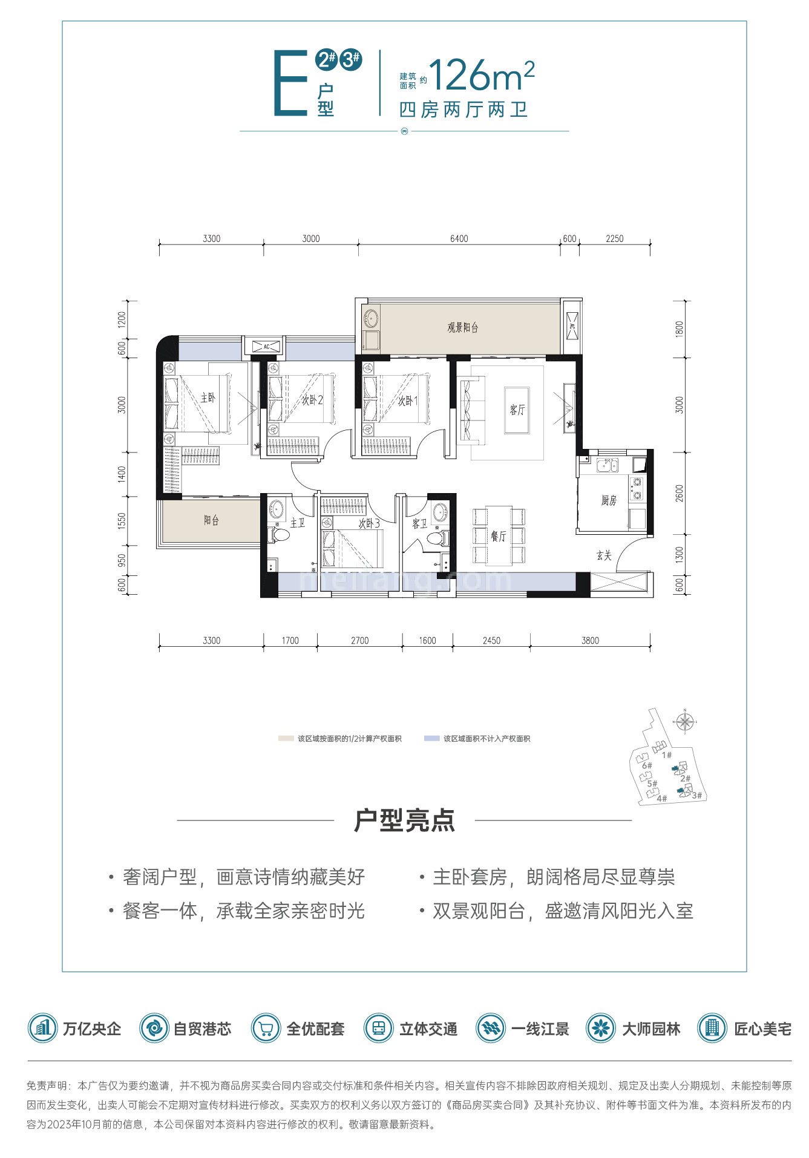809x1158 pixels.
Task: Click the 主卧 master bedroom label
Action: [x=208, y=397]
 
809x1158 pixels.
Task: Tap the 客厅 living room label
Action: [x=517, y=410]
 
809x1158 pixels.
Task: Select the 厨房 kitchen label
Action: [x=609, y=500]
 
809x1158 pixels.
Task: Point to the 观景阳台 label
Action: [x=463, y=327]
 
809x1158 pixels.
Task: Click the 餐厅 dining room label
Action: [x=498, y=536]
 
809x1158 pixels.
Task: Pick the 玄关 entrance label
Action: [x=604, y=555]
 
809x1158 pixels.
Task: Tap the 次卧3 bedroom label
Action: [x=369, y=523]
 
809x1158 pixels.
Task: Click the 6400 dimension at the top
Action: [x=459, y=238]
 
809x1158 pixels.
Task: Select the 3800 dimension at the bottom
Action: [x=590, y=640]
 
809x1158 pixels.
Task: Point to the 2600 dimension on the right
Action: [x=679, y=493]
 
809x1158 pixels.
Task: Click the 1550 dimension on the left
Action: [x=122, y=521]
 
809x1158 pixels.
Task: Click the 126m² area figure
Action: [x=482, y=76]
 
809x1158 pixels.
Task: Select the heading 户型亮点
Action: [x=404, y=820]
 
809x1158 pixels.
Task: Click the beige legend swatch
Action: [x=286, y=739]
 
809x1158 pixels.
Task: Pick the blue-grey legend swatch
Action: [x=431, y=739]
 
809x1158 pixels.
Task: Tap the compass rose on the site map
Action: [x=684, y=721]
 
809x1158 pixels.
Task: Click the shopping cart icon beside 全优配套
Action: [x=266, y=1028]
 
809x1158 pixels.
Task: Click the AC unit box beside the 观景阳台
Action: [x=571, y=327]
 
